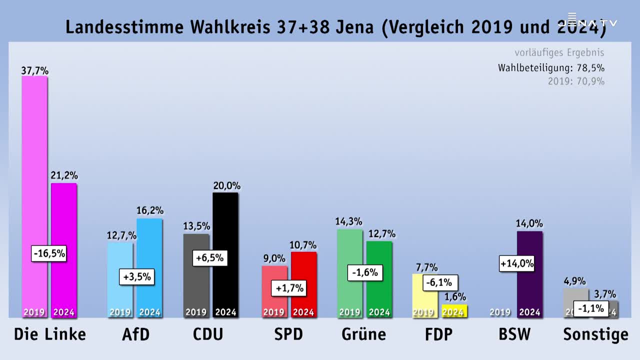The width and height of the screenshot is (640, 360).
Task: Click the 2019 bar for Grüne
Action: (350, 250)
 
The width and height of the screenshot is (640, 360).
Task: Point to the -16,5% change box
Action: (48, 253)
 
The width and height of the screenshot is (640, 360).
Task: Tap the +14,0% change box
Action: (517, 263)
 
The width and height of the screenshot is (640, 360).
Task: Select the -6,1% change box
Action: (440, 282)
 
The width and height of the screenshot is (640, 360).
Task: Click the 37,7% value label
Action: (34, 70)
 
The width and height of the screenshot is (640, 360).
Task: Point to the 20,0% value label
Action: (226, 186)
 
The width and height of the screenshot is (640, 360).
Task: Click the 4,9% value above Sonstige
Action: (574, 281)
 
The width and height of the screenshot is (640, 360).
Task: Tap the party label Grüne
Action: (364, 334)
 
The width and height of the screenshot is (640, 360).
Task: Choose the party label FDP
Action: (438, 334)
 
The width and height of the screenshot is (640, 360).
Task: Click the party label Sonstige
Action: (595, 334)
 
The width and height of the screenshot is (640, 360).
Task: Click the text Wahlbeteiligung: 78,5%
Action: (551, 68)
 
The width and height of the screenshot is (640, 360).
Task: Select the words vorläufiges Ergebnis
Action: (559, 52)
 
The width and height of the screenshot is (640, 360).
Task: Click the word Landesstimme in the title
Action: (124, 27)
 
